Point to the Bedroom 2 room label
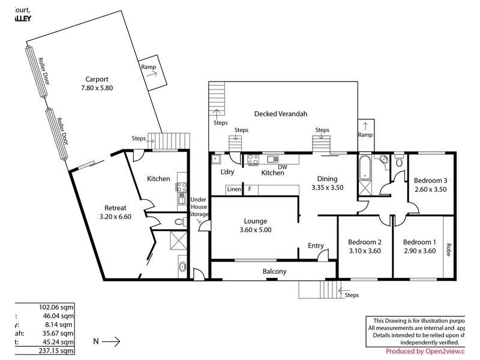(365, 246)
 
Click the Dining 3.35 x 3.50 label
(328, 183)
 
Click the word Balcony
(275, 271)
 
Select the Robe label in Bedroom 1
(448, 248)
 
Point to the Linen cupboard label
(233, 190)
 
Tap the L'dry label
(227, 173)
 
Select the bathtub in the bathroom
(366, 170)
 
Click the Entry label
(316, 245)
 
